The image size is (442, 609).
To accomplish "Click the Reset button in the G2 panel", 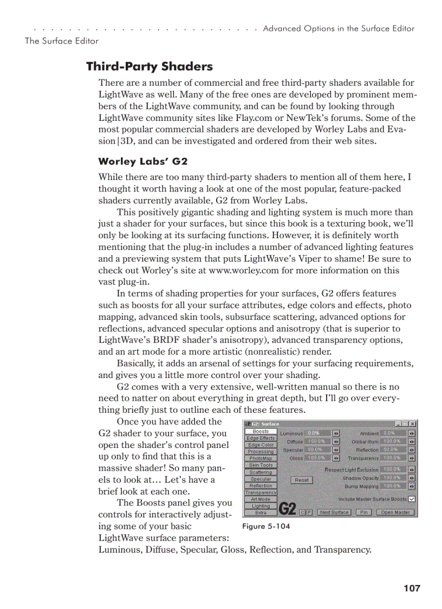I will click(x=302, y=480).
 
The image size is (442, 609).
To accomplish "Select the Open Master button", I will click(x=395, y=512).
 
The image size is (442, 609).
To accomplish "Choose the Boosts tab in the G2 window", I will click(x=261, y=432).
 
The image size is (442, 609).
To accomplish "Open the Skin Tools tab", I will click(x=261, y=465).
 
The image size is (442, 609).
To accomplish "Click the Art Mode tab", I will click(x=261, y=499).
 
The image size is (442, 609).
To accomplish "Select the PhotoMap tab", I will click(x=261, y=458).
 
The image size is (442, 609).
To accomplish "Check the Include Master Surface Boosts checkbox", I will click(x=412, y=499).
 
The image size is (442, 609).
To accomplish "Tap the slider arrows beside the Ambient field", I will click(x=412, y=434).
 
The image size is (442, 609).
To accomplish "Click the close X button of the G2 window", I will click(x=413, y=424).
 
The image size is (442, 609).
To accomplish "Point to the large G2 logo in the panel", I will click(x=287, y=509).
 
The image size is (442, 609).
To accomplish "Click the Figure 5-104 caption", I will click(x=266, y=527).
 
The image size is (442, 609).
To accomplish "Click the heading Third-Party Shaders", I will click(x=149, y=67).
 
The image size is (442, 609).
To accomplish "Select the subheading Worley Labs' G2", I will click(x=143, y=162).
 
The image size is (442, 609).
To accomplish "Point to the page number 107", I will click(x=412, y=588).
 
